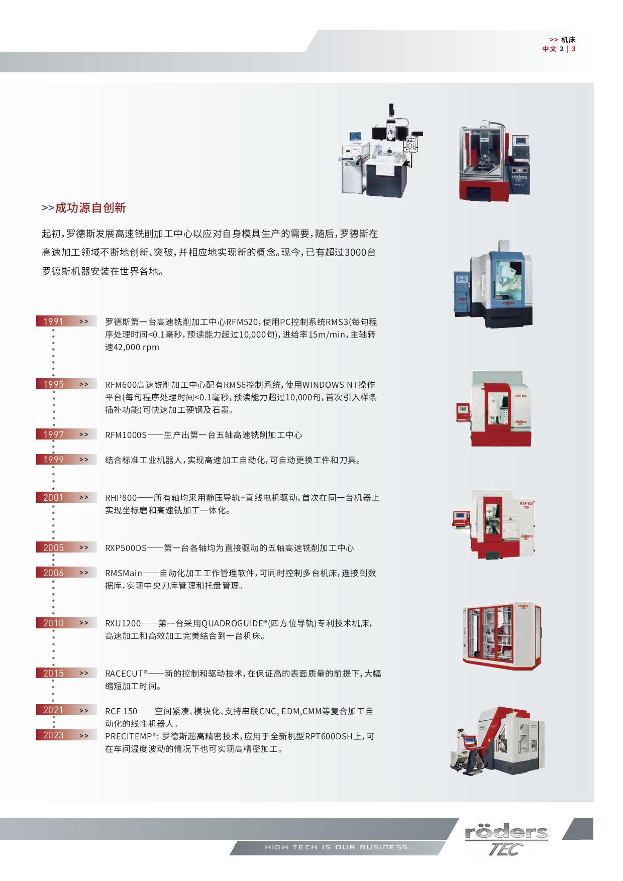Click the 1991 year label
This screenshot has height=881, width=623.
point(53,321)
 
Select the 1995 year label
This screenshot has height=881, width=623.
point(53,384)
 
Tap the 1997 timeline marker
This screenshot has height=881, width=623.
point(53,434)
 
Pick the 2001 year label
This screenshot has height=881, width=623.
point(53,497)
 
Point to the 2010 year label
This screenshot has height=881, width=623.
point(53,623)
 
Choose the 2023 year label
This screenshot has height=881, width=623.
point(53,735)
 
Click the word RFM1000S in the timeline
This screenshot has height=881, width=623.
point(126,435)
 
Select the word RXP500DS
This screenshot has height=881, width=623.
point(126,548)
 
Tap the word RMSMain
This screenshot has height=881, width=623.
point(124,573)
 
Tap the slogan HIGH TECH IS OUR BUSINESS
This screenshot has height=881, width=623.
point(338,847)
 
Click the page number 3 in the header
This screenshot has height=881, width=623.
point(574,49)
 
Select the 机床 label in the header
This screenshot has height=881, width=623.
point(569,39)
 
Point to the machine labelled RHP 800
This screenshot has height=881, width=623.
point(494,409)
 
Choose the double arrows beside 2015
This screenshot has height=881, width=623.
point(83,673)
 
